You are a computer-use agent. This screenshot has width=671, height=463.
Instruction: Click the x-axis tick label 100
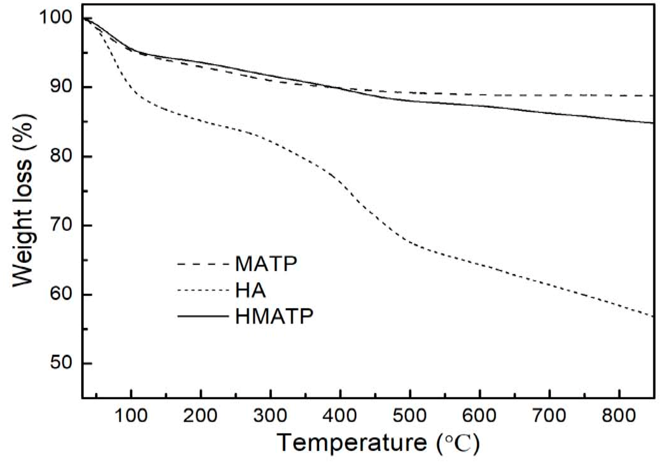tap(131, 415)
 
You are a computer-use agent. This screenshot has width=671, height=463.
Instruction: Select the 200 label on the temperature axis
tap(200, 415)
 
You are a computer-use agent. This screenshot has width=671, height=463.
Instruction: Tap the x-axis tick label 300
tap(270, 415)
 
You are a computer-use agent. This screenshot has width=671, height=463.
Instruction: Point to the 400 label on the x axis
tap(340, 415)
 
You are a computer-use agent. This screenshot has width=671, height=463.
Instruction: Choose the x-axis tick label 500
tap(409, 415)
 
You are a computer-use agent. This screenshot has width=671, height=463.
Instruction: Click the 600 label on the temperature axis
tap(479, 415)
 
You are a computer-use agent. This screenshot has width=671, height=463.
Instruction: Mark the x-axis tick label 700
tap(549, 415)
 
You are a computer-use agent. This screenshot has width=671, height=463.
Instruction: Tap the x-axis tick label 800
tap(619, 415)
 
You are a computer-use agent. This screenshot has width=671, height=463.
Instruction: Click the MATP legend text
tap(266, 264)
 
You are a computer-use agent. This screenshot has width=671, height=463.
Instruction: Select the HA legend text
tap(250, 290)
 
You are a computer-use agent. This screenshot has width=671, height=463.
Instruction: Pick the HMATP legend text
tap(274, 316)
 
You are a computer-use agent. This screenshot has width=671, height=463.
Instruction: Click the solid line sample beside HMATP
tap(203, 316)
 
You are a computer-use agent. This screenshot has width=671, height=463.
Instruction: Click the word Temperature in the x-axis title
tap(352, 443)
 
